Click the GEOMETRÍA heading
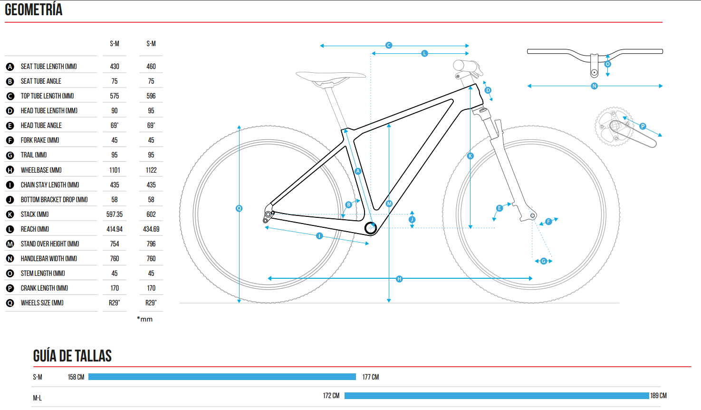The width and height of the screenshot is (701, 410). coord(33,10)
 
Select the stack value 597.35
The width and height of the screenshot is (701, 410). coord(114,214)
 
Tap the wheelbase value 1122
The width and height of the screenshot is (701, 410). coord(151,170)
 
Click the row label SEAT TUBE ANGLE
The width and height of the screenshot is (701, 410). coord(41,81)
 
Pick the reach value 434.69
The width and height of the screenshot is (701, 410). coord(151,229)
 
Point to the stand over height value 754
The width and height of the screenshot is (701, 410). coord(114,244)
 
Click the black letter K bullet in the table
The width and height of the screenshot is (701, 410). coord(10,215)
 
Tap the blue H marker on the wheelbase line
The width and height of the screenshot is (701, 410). coord(399,279)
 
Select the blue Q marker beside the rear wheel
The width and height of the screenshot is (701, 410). coord(239,208)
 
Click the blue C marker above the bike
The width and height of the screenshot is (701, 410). coord(389,45)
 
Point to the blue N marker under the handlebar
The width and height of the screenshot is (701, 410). coord(594,86)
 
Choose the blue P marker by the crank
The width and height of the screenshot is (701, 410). coord(643,126)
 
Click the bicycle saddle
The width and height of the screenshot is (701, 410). coord(330,78)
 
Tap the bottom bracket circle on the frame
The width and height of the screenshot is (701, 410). coord(371,228)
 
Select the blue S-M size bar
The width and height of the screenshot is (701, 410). coord(222,377)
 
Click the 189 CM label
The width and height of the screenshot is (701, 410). coord(658,396)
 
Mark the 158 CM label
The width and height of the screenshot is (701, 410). coord(76,377)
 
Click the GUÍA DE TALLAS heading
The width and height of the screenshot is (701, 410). coord(72,356)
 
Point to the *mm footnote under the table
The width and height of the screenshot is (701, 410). coord(144,319)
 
